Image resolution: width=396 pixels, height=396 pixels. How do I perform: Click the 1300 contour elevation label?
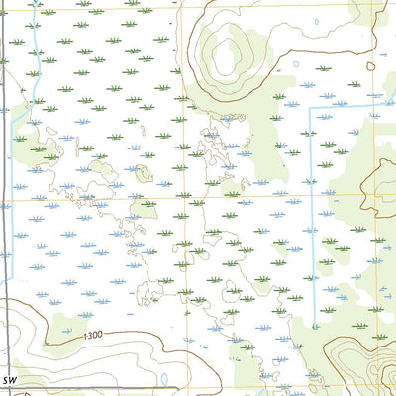point(94,338)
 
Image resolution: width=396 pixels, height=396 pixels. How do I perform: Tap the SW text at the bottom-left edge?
point(10,380)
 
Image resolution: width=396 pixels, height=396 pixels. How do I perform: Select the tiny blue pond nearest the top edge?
point(297,65)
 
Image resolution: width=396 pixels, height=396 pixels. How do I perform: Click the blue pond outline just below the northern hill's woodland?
point(231,118)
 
